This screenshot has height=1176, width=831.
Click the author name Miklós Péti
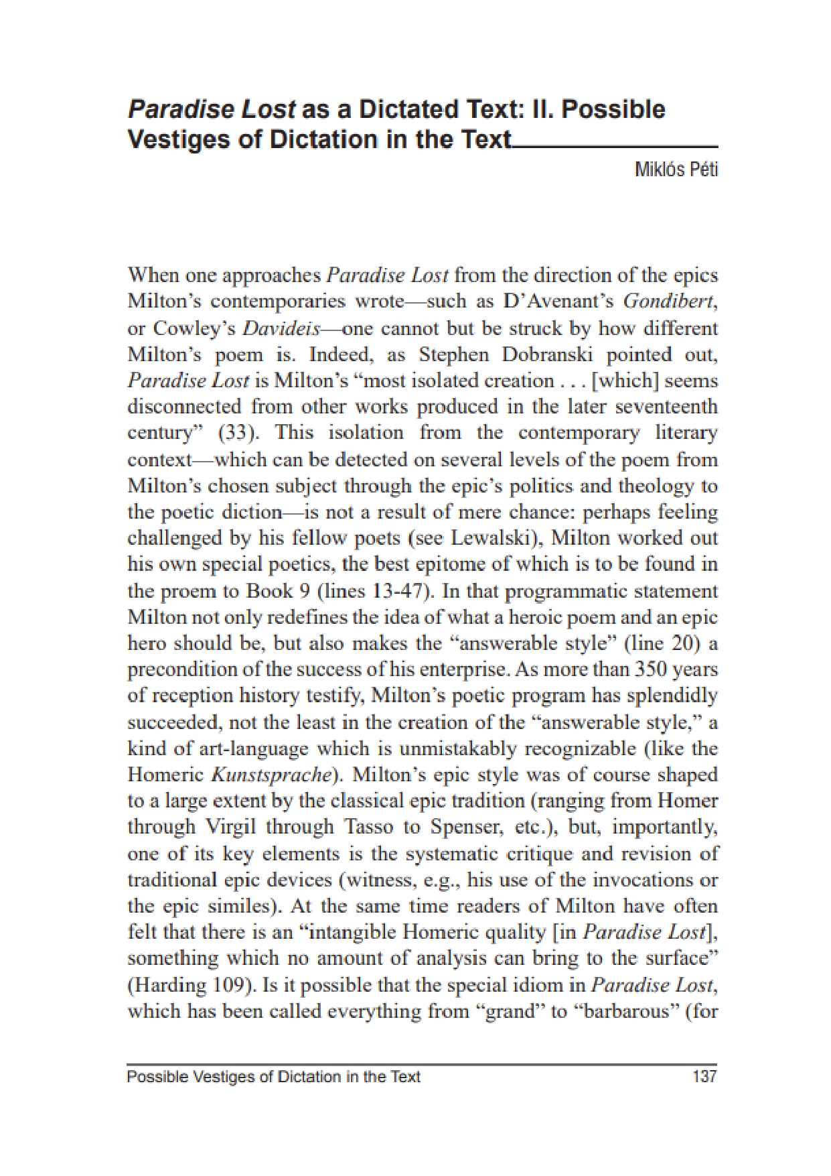pos(676,170)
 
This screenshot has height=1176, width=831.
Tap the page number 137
pos(704,1077)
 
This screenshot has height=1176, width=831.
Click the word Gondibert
pos(669,302)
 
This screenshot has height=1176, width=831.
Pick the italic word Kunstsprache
pos(271,775)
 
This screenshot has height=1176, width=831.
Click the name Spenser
pos(465,827)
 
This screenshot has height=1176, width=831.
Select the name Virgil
pos(228,827)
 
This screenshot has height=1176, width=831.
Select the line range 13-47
pos(398,591)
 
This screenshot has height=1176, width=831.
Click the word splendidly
pos(672,696)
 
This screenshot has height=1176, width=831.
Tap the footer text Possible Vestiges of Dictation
pos(273,1077)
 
